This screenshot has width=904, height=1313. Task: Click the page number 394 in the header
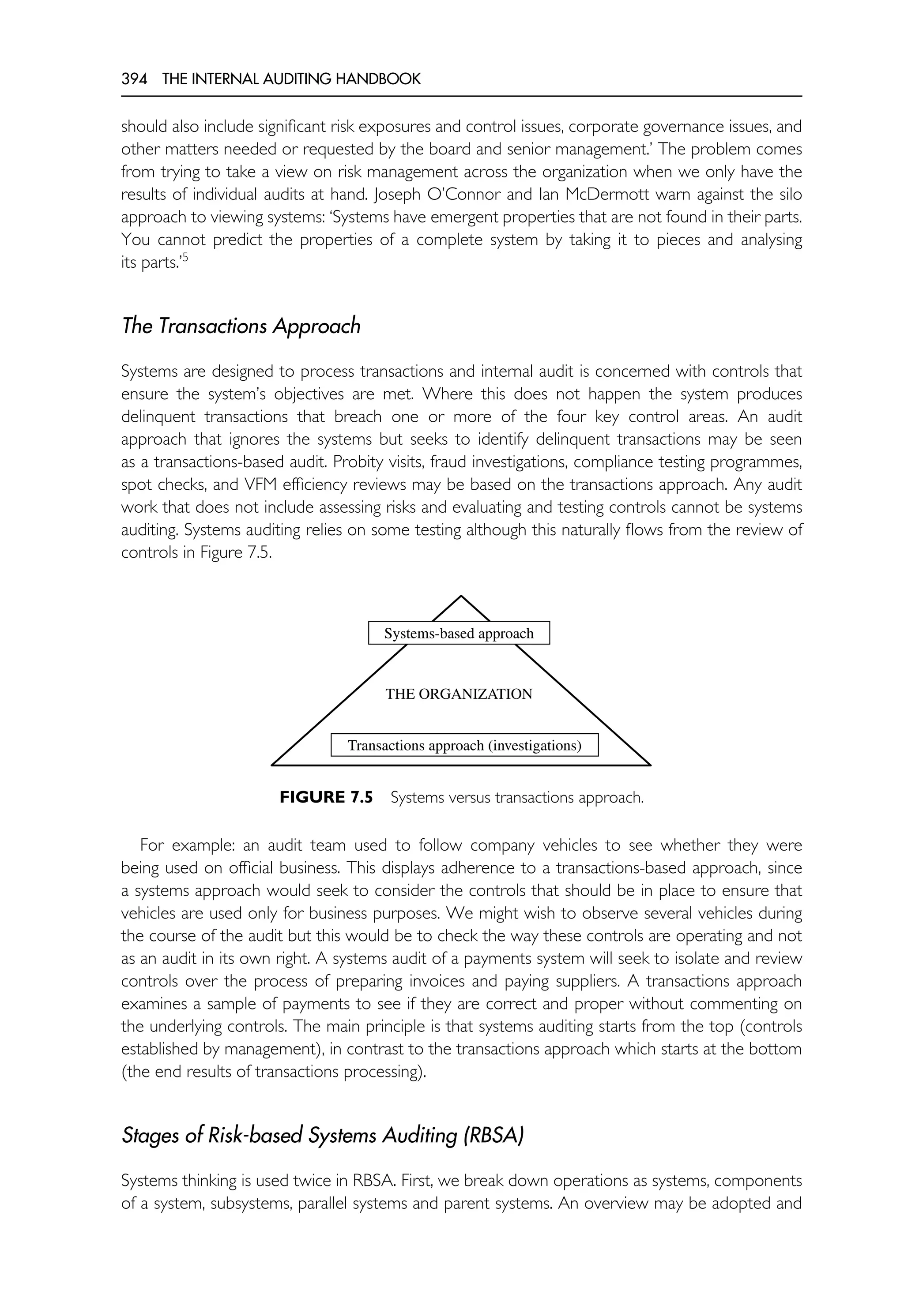134,79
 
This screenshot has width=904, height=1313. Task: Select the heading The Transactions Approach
241,326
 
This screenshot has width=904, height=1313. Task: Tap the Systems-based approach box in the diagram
459,633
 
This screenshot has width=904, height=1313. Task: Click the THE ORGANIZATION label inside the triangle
459,694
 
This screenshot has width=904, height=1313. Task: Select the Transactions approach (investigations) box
464,745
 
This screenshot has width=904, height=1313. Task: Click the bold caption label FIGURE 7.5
326,798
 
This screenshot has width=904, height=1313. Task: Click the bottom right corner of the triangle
650,765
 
